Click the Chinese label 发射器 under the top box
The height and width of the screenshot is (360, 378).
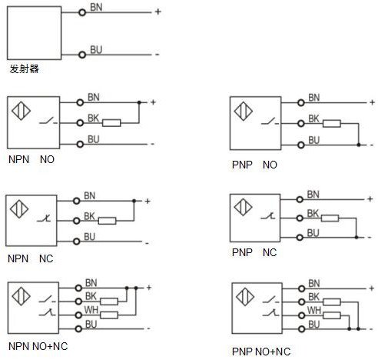pos(25,68)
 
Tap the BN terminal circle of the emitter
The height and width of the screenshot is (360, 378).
pos(82,12)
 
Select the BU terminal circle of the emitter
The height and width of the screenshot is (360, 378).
pos(82,55)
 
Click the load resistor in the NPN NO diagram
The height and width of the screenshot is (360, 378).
pos(111,123)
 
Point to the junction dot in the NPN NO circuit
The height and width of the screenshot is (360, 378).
pos(139,102)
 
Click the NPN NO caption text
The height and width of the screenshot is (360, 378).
pos(31,159)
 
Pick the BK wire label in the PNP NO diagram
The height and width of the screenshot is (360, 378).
pos(313,118)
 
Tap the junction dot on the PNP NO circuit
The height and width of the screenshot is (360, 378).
pos(359,145)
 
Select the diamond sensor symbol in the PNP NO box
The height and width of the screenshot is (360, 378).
pos(244,112)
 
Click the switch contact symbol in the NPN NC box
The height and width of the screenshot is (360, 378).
pos(45,218)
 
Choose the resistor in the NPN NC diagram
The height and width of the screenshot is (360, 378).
pos(108,221)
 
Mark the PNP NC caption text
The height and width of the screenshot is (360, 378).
pos(254,252)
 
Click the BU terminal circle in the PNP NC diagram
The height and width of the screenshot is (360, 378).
pos(300,238)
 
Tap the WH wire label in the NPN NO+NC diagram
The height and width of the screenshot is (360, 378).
pos(91,310)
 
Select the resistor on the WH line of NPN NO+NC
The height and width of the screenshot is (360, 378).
pos(109,315)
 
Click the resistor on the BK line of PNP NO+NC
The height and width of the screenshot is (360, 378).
pos(332,302)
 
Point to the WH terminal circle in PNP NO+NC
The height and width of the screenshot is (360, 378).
pos(302,315)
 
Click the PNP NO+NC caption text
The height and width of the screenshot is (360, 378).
pos(261,352)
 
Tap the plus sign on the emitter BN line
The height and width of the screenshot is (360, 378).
pos(158,12)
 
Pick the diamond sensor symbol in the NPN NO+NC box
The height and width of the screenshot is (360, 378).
pos(21,297)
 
